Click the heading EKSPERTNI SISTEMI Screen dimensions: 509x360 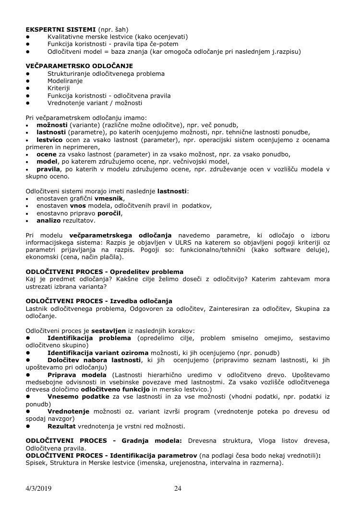pos(55,30)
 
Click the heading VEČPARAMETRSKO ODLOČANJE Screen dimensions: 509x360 pos(79,66)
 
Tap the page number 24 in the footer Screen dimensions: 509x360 pos(178,489)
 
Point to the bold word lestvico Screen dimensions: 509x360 pos(49,140)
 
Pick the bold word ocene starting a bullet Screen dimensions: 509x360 pos(46,154)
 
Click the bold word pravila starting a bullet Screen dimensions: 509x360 pos(48,169)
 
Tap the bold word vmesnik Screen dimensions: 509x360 pos(109,198)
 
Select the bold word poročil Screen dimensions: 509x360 pos(109,213)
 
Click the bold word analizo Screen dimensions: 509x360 pos(48,221)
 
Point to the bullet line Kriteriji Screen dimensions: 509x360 pos(59,88)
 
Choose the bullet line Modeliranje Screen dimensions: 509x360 pos(65,81)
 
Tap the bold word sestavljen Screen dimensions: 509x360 pos(108,331)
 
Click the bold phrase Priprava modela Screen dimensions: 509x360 pos(77,374)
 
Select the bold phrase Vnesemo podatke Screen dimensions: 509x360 pos(78,396)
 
